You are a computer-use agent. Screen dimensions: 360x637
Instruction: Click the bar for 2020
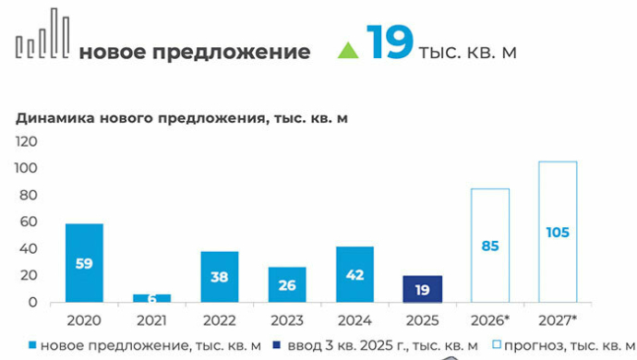point(84,263)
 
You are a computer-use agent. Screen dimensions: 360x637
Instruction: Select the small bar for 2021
point(151,298)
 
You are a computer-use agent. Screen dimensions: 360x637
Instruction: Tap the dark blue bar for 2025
point(422,289)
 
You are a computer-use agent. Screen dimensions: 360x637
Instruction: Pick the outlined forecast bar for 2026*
point(490,246)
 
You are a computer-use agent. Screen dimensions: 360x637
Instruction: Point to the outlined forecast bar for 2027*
point(558,232)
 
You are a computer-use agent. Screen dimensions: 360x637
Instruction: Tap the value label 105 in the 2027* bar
point(558,233)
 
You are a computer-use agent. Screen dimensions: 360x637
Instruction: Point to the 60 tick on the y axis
point(29,222)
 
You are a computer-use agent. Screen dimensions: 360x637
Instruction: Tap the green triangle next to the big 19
point(348,50)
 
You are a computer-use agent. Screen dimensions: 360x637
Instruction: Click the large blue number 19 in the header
point(390,42)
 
